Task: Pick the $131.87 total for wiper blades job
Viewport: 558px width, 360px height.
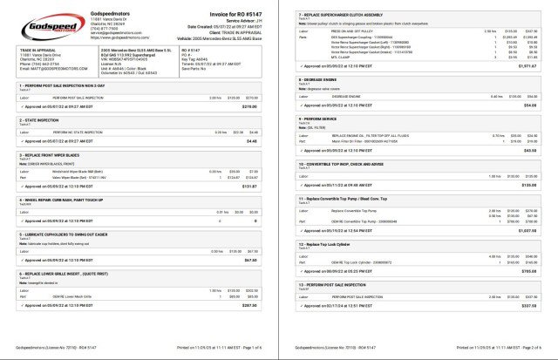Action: [x=251, y=209]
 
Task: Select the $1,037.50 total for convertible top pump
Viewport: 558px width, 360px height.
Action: [x=528, y=230]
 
